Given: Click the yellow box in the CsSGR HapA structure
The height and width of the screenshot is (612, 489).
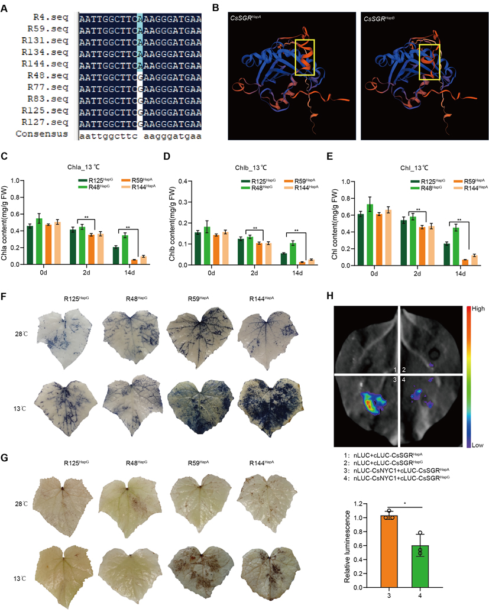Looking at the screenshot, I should click(x=305, y=57).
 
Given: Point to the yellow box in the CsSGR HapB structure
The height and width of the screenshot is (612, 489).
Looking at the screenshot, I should click(x=429, y=61).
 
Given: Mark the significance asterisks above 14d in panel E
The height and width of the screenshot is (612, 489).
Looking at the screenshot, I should click(x=458, y=220).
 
